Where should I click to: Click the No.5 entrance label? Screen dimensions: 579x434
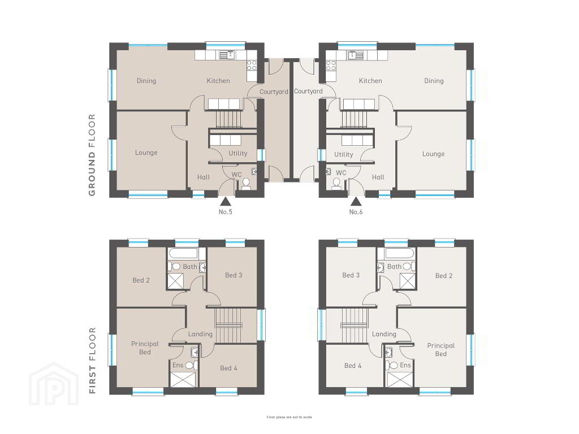pyautogui.click(x=225, y=212)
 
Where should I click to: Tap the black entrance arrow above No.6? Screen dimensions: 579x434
pyautogui.click(x=356, y=202)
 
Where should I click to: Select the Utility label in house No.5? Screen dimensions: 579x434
pyautogui.click(x=238, y=153)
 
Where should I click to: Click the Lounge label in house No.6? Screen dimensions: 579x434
pyautogui.click(x=434, y=154)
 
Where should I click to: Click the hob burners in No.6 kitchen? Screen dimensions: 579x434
pyautogui.click(x=331, y=66)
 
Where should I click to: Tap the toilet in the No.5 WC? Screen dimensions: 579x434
pyautogui.click(x=246, y=184)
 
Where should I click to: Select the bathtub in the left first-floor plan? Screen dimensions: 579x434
pyautogui.click(x=183, y=254)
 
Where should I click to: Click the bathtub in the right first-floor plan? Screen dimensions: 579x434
pyautogui.click(x=400, y=254)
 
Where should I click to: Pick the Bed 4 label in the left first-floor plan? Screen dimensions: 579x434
pyautogui.click(x=228, y=368)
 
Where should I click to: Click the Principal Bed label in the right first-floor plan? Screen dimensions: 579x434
pyautogui.click(x=441, y=349)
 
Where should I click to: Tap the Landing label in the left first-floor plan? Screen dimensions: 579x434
pyautogui.click(x=200, y=334)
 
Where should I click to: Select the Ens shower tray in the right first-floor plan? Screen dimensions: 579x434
pyautogui.click(x=399, y=380)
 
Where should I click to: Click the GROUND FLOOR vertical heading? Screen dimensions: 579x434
pyautogui.click(x=92, y=155)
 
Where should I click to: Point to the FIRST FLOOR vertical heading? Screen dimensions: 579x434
pyautogui.click(x=92, y=361)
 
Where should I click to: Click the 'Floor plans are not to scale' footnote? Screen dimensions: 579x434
pyautogui.click(x=289, y=417)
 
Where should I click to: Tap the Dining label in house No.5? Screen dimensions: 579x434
pyautogui.click(x=146, y=81)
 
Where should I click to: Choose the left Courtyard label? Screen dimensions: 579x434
pyautogui.click(x=274, y=92)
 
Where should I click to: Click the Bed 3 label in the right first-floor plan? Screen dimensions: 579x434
pyautogui.click(x=351, y=275)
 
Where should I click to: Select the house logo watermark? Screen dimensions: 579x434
pyautogui.click(x=54, y=384)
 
